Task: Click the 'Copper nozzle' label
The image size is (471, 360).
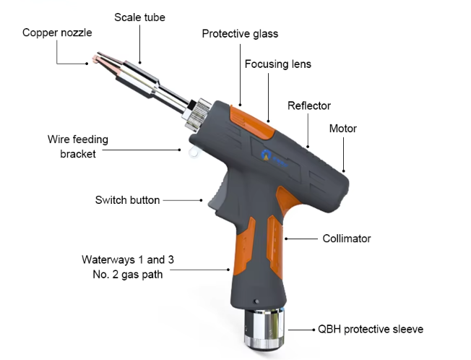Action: click(57, 33)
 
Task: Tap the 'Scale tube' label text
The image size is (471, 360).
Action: click(139, 17)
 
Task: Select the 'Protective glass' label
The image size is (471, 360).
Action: click(240, 34)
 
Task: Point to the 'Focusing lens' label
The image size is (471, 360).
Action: click(277, 64)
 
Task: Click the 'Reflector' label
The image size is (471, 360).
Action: click(308, 106)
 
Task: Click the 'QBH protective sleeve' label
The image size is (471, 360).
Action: click(371, 329)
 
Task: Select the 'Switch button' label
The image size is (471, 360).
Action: click(127, 200)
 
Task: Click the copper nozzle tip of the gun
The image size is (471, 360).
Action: click(96, 61)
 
